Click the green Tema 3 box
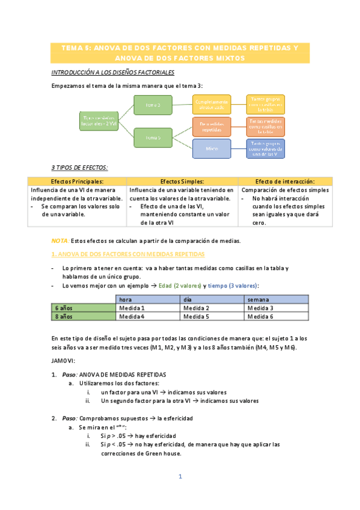point(152,105)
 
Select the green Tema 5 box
point(152,138)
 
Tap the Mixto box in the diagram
point(212,148)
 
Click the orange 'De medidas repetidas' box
point(212,126)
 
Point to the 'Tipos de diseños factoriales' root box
point(99,121)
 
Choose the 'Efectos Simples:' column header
point(183,182)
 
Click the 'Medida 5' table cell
point(214,316)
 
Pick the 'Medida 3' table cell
point(276,307)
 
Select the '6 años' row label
point(84,307)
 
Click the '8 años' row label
point(84,316)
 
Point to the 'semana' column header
point(276,299)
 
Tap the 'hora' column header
point(148,299)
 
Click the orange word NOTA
point(60,241)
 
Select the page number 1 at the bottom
point(180,477)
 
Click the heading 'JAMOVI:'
point(64,361)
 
